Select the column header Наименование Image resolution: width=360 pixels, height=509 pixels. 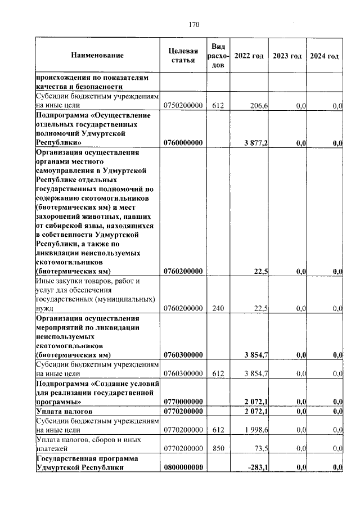pyautogui.click(x=97, y=56)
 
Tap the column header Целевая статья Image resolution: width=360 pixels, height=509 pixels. pyautogui.click(x=183, y=56)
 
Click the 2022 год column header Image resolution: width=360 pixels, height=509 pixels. pyautogui.click(x=249, y=56)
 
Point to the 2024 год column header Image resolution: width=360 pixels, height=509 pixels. pyautogui.click(x=325, y=56)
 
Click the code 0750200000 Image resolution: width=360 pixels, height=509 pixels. pyautogui.click(x=183, y=105)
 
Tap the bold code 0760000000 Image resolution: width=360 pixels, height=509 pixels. pyautogui.click(x=183, y=143)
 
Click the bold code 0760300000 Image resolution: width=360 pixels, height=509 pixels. pyautogui.click(x=183, y=355)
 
